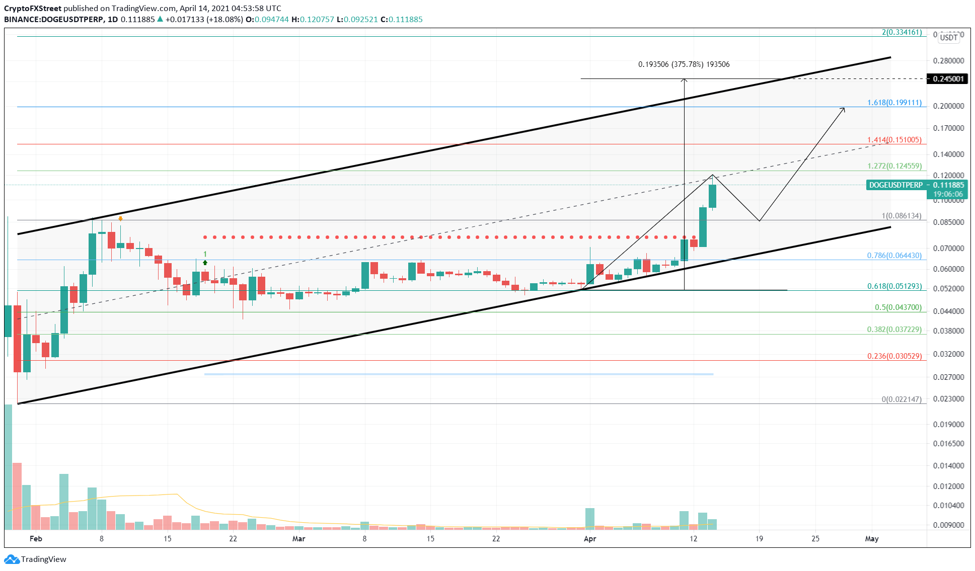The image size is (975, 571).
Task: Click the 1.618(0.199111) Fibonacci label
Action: [x=894, y=103]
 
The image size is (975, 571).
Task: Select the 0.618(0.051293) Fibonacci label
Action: [x=894, y=286]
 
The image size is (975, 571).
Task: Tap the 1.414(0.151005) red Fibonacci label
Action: [x=894, y=140]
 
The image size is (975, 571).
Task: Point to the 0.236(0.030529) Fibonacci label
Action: [x=894, y=356]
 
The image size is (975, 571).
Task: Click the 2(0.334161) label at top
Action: [x=902, y=32]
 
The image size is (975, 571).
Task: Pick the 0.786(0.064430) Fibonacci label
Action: [x=894, y=256]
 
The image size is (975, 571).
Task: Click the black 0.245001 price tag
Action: [x=948, y=79]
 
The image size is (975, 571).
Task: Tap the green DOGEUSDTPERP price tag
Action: [x=896, y=185]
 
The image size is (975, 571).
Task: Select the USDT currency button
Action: [x=949, y=37]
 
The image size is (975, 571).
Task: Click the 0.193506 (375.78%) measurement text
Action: [x=684, y=64]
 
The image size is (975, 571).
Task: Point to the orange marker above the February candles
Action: [x=120, y=218]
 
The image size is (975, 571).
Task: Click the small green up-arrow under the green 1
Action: [x=205, y=263]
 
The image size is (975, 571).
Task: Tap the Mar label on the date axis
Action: [x=298, y=539]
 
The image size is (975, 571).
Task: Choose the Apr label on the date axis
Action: [x=589, y=539]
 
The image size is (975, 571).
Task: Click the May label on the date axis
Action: [x=871, y=539]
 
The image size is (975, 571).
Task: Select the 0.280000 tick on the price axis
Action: [x=948, y=61]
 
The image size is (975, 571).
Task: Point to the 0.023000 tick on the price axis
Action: [x=948, y=399]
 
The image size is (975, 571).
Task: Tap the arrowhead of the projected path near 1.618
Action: [x=844, y=109]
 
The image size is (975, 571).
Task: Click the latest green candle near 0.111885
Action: [x=712, y=196]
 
